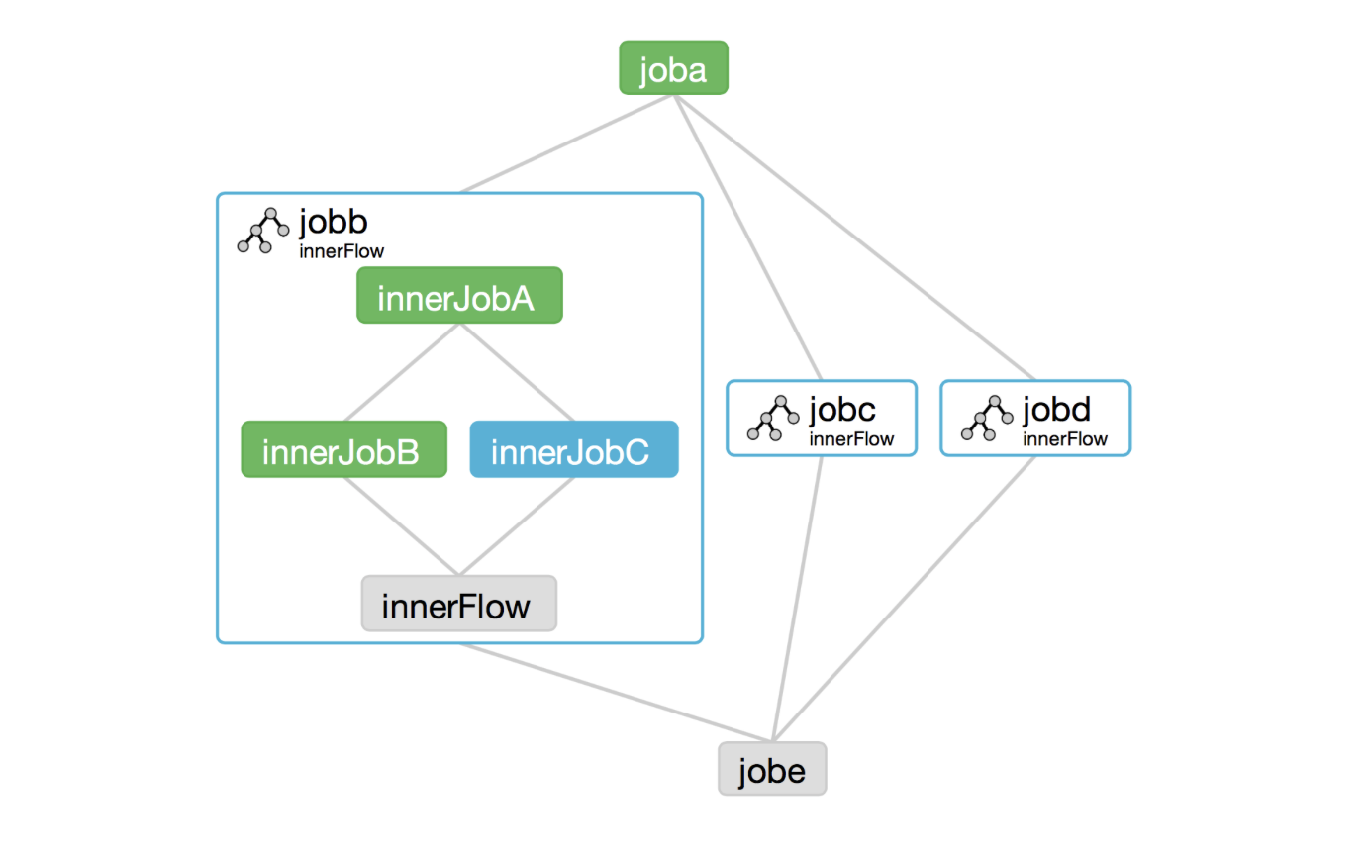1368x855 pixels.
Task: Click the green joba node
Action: tap(673, 68)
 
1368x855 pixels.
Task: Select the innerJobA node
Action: tap(459, 295)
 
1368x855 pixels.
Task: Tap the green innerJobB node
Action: tap(343, 449)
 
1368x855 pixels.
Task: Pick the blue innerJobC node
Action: tap(574, 449)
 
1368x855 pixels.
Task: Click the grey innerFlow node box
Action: tap(458, 604)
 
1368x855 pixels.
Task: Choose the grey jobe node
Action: tap(772, 769)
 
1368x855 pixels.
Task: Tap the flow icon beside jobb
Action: tap(263, 231)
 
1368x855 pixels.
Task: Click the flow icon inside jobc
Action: tap(773, 419)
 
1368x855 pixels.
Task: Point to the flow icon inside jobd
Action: tap(987, 419)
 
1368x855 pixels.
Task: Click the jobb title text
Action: tap(334, 222)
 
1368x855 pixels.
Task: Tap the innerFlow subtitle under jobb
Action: tap(342, 251)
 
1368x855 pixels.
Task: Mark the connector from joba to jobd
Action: tap(854, 237)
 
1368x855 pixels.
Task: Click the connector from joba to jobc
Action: tap(747, 237)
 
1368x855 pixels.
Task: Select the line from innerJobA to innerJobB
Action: tap(401, 372)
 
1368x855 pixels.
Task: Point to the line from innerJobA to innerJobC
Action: tap(517, 372)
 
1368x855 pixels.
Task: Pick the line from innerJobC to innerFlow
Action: tap(517, 525)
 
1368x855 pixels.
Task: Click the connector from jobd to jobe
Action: tap(904, 599)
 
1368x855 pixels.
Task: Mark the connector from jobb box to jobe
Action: tap(616, 693)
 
